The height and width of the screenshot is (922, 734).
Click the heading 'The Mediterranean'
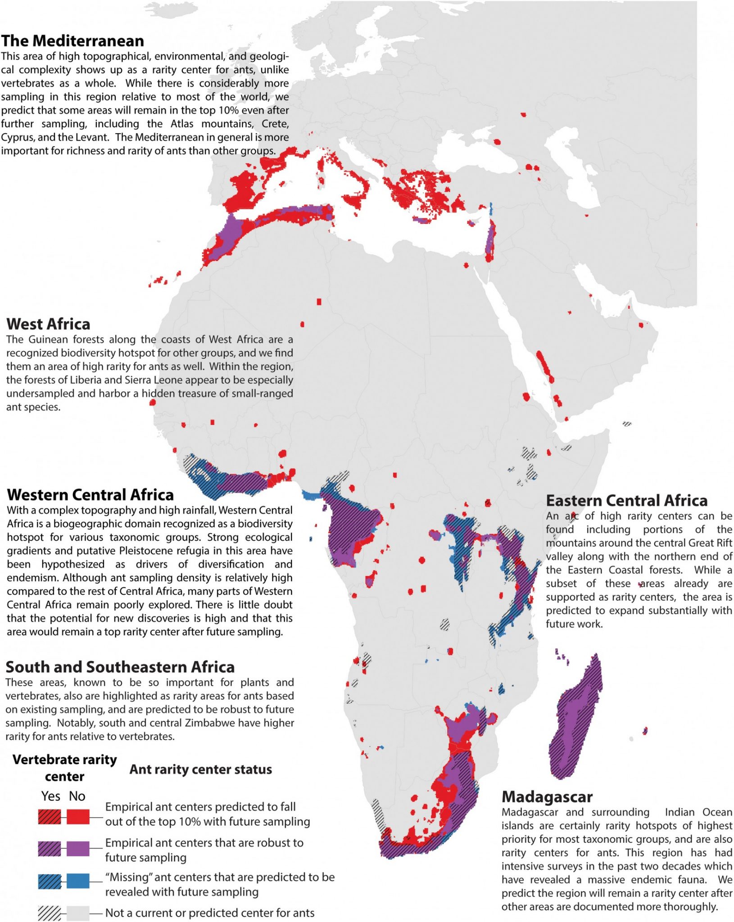[x=72, y=41]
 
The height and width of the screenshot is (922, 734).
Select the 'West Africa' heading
[x=48, y=324]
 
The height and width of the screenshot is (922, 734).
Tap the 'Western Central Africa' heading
[x=91, y=495]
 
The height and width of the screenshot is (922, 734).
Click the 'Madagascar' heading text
[x=547, y=797]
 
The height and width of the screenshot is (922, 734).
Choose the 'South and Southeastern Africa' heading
[x=120, y=667]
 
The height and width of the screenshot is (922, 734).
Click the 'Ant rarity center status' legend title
[x=200, y=769]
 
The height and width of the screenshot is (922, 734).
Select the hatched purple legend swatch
[x=49, y=849]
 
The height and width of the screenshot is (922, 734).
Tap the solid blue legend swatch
[x=78, y=881]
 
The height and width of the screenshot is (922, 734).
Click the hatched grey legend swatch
[x=49, y=913]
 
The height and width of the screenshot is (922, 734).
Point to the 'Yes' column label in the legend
[x=50, y=796]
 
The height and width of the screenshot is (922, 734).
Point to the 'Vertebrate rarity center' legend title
[x=64, y=768]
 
